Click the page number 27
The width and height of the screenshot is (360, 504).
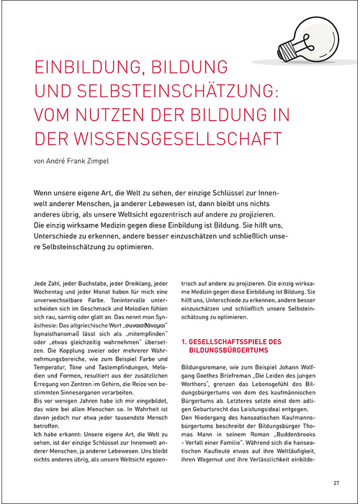(336, 483)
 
